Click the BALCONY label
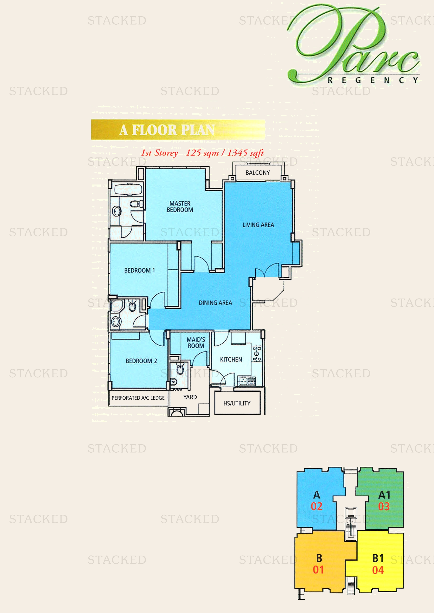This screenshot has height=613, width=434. click(258, 173)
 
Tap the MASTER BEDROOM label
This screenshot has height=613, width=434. click(180, 207)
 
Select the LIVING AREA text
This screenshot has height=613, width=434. click(258, 225)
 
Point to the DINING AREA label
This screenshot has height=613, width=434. click(215, 303)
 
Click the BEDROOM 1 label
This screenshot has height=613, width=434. click(139, 270)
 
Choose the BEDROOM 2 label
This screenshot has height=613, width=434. click(141, 361)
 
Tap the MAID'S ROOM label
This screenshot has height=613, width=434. click(196, 343)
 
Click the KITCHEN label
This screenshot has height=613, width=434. click(231, 360)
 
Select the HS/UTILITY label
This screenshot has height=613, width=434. click(237, 403)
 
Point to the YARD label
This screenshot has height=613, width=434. click(190, 397)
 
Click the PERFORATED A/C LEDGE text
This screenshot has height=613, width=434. click(138, 398)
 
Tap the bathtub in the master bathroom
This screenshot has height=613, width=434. click(128, 189)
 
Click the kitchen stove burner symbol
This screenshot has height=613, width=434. click(257, 354)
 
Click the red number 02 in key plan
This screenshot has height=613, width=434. click(316, 507)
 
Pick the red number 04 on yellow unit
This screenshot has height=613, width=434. click(378, 571)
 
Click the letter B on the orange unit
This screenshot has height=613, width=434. click(319, 558)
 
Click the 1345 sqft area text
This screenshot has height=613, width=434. click(245, 153)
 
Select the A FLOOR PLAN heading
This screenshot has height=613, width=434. click(167, 130)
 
